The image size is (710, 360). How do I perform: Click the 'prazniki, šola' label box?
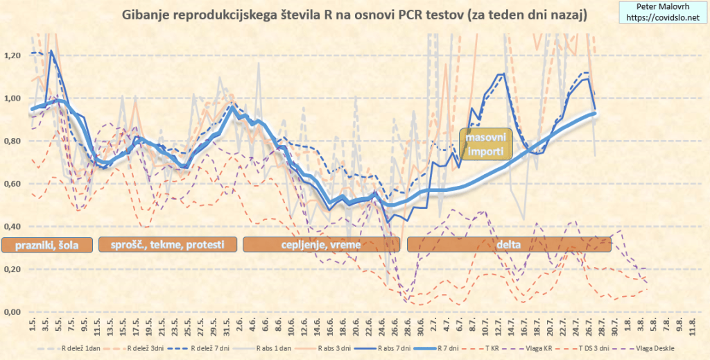pyautogui.click(x=46, y=244)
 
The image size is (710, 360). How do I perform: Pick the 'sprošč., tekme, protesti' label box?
pyautogui.click(x=168, y=244)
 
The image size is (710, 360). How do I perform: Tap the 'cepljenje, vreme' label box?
pyautogui.click(x=321, y=244)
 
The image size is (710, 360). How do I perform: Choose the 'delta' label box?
pyautogui.click(x=509, y=244)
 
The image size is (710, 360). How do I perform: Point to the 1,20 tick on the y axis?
pyautogui.click(x=13, y=55)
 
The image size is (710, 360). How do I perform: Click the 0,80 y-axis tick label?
pyautogui.click(x=13, y=141)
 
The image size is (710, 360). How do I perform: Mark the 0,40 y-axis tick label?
pyautogui.click(x=13, y=227)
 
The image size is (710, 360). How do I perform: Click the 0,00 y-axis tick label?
pyautogui.click(x=13, y=312)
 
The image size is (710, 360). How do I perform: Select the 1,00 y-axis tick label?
pyautogui.click(x=13, y=98)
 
